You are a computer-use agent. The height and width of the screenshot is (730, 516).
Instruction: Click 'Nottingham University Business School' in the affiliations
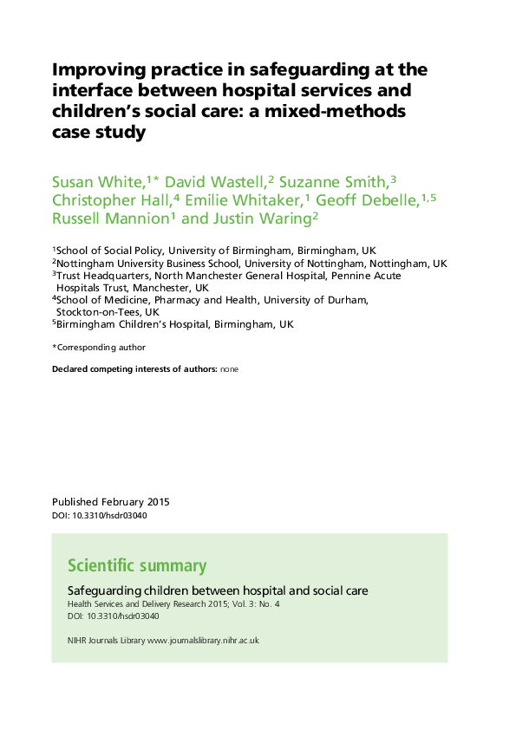(x=148, y=263)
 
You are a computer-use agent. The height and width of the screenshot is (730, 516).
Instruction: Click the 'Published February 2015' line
(x=111, y=502)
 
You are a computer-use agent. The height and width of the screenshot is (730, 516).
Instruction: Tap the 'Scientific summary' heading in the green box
(x=137, y=566)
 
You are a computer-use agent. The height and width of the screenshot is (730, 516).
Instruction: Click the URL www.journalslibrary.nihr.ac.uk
(x=203, y=640)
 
